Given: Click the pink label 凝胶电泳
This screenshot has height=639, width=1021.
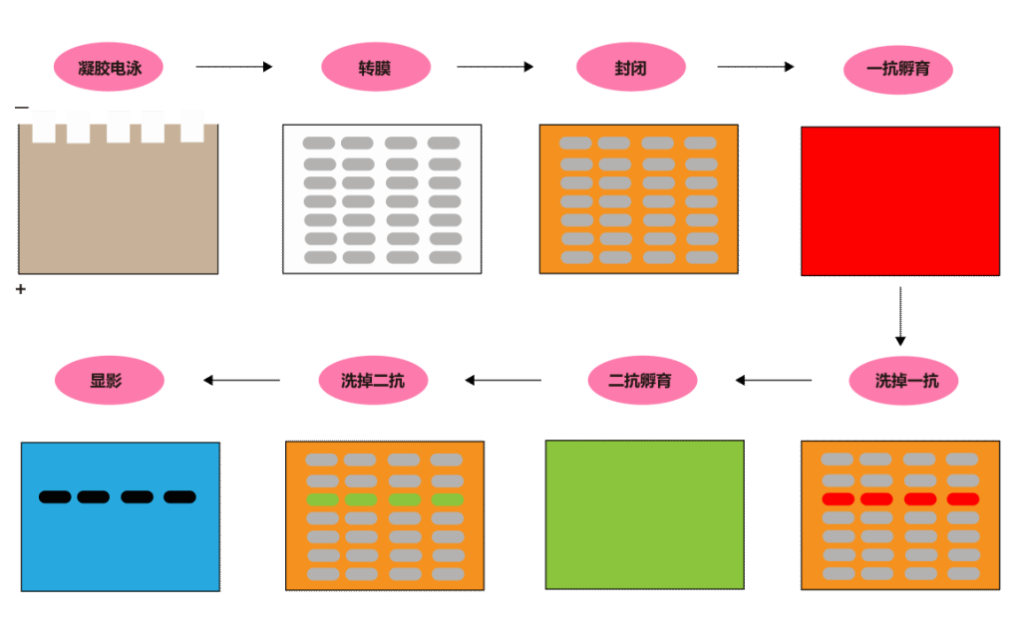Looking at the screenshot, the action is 108,67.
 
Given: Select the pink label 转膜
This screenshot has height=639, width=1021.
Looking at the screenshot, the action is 376,67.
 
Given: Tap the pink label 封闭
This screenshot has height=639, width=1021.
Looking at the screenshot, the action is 631,67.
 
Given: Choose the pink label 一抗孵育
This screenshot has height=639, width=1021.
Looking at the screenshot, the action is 898,69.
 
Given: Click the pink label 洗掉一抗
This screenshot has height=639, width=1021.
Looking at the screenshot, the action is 903,381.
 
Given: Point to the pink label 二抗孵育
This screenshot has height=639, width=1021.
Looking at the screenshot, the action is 643,381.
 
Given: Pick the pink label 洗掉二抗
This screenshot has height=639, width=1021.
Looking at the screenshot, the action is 373,381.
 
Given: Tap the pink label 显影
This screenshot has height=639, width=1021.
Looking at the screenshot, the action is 110,381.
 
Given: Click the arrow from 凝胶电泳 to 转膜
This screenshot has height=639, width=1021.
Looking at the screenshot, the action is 234,67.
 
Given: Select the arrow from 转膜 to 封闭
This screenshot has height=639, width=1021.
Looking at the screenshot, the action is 495,67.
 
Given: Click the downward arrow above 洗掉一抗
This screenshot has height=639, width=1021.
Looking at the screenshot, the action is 900,316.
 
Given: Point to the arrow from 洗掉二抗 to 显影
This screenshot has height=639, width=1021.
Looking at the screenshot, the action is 241,380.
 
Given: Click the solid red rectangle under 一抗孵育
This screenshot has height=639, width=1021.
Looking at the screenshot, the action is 900,201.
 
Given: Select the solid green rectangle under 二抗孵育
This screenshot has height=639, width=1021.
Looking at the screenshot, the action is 645,514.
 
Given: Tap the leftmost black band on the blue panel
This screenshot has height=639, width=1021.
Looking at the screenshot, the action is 55,497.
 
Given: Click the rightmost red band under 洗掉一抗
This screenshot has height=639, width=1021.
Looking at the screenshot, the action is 963,499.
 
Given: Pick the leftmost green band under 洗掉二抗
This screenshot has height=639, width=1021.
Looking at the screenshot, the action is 322,499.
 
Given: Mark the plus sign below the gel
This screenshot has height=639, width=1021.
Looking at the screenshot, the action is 21,289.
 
